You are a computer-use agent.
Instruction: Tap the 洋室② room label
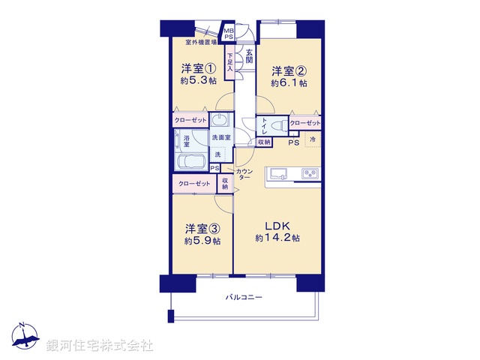[x=288, y=71]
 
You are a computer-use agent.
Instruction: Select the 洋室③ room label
[x=202, y=228]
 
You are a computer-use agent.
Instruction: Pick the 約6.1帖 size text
[x=289, y=84]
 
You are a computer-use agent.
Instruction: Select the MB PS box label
[x=228, y=33]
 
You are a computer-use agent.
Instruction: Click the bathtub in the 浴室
[x=191, y=163]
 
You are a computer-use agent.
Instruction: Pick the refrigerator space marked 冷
[x=313, y=140]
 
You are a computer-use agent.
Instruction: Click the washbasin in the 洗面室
[x=218, y=122]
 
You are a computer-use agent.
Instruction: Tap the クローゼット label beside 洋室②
[x=304, y=123]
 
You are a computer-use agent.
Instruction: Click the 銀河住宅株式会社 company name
[x=100, y=345]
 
